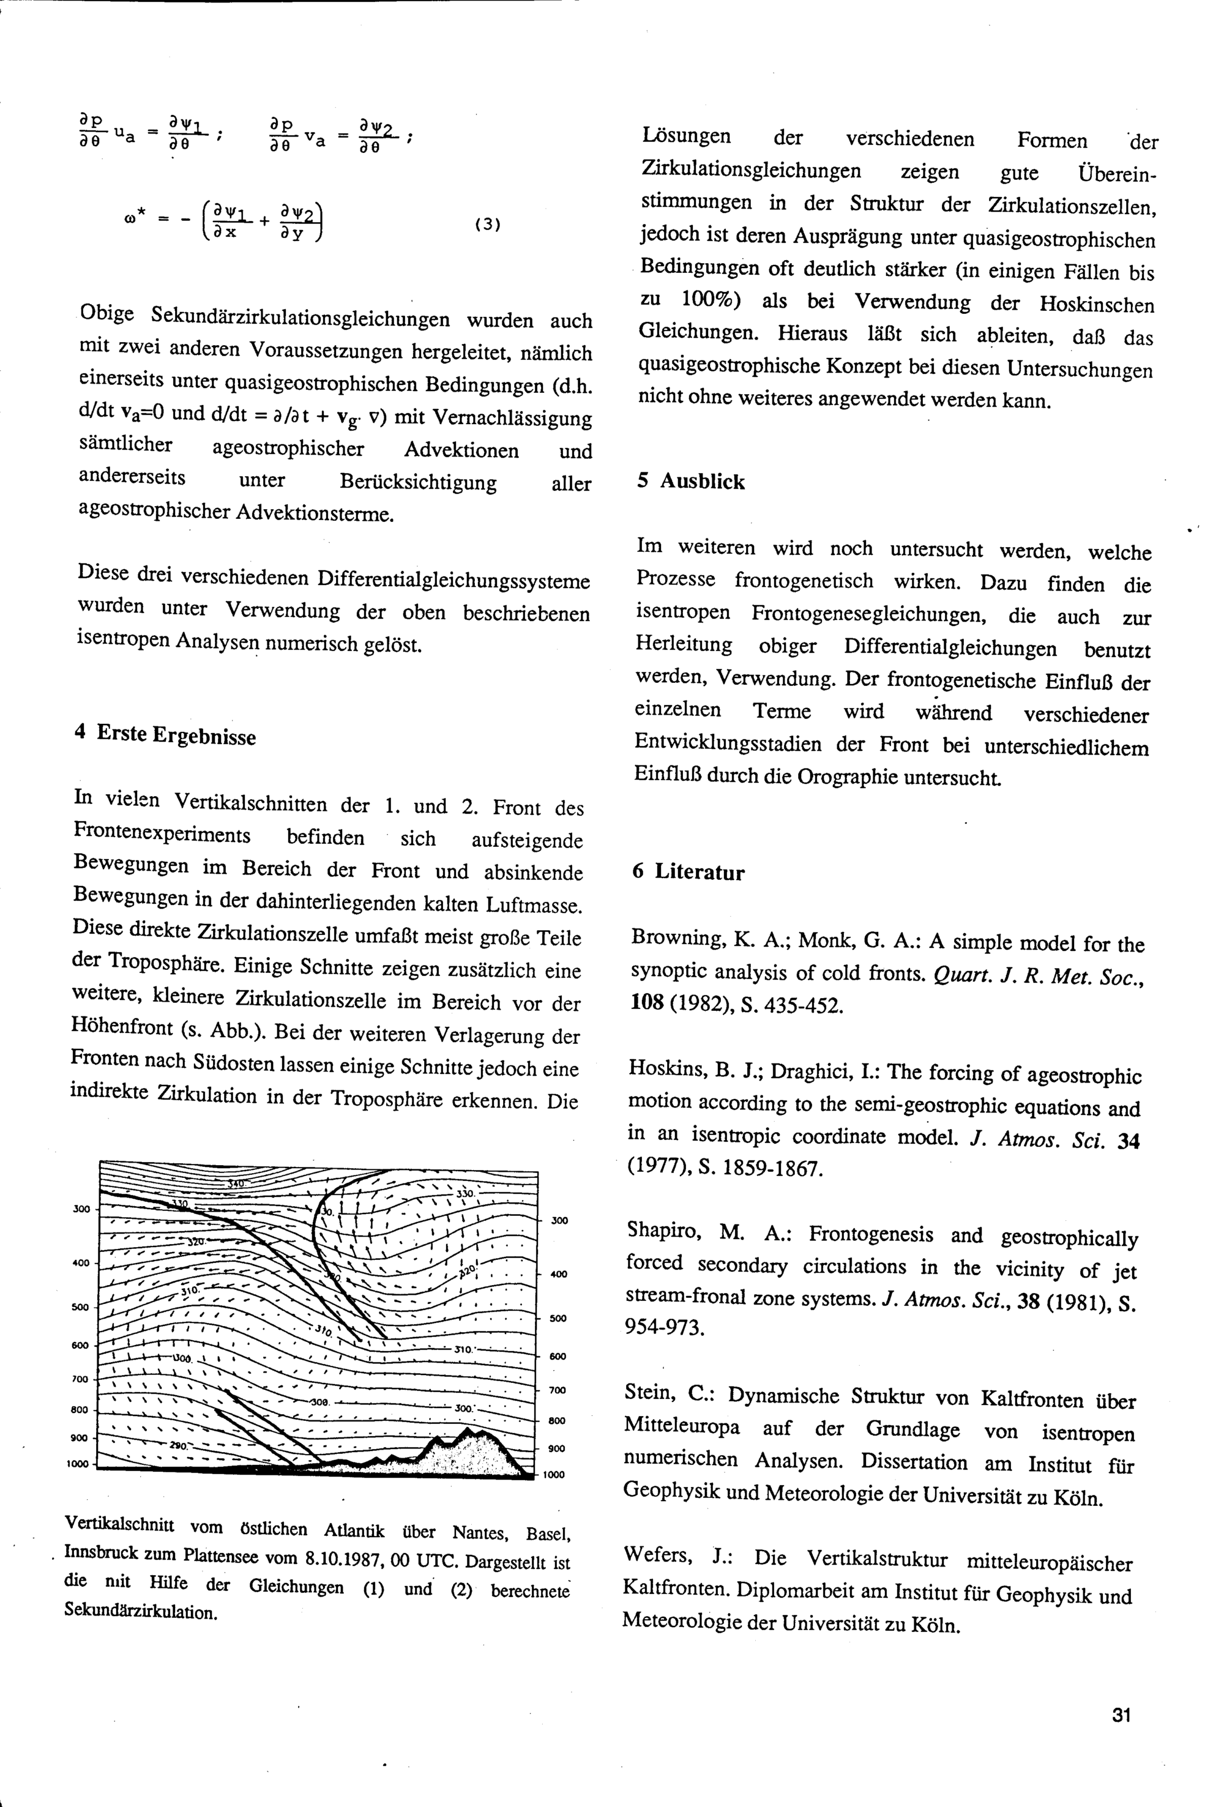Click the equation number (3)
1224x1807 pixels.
click(x=487, y=225)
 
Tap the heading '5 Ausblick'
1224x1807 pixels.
click(x=690, y=482)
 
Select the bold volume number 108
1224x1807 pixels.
click(x=646, y=1002)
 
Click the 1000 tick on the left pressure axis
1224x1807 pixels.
click(x=78, y=1464)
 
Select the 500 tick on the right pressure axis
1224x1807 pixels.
click(x=558, y=1318)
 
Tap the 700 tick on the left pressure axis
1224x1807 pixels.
click(x=80, y=1379)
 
